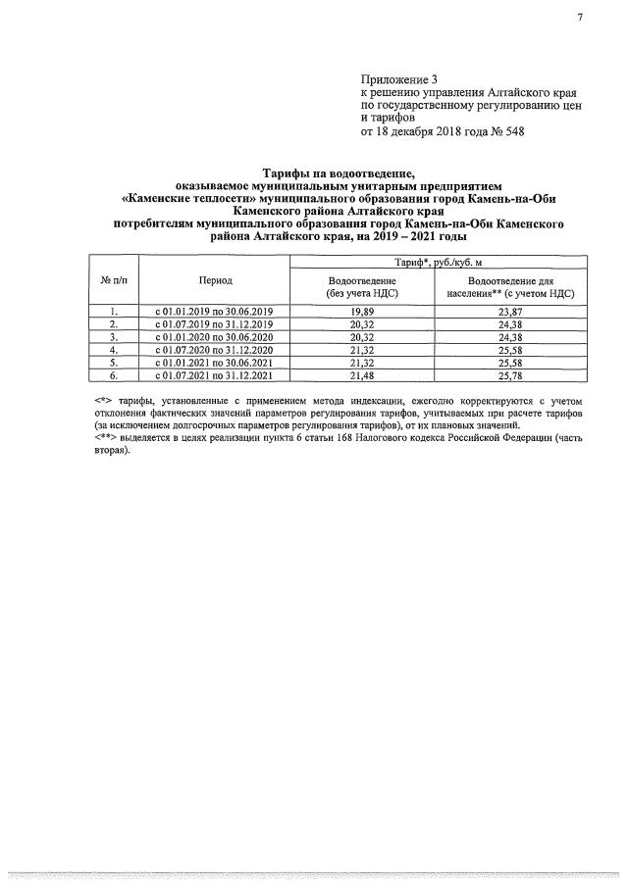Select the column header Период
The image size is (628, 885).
215,280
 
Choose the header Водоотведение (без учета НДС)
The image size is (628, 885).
363,287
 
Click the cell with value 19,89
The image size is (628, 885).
363,312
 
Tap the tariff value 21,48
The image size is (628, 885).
363,375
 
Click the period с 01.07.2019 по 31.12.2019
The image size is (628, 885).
215,324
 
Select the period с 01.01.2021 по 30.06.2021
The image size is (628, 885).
215,363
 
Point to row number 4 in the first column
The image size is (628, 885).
114,350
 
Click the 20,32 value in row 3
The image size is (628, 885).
363,337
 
